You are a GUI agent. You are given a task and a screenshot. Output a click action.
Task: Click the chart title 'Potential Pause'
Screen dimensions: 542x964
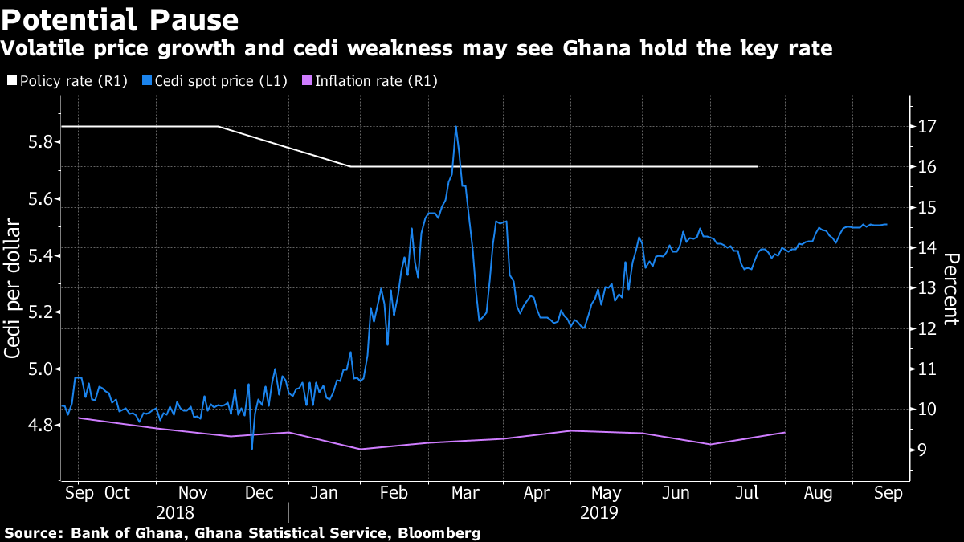[120, 19]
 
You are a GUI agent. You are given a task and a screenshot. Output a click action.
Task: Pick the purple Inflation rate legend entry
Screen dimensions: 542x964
[370, 81]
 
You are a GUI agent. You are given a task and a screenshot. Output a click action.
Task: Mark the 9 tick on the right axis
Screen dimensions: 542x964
[924, 450]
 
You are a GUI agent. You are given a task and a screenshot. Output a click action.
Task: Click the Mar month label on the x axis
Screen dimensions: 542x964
[465, 493]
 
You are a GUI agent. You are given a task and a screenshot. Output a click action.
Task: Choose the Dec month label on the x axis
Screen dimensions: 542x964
[258, 493]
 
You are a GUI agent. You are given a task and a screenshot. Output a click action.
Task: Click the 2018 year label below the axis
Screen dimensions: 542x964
[176, 511]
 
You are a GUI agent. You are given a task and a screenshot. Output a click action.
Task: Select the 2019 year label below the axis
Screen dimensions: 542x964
[599, 511]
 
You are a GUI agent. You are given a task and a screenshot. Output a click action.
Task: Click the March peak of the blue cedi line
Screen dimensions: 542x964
[455, 127]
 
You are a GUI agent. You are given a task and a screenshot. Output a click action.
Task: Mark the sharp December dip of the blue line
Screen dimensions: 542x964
[251, 448]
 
